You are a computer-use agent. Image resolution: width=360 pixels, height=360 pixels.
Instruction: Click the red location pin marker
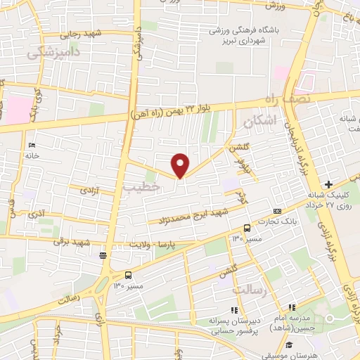(x=181, y=165)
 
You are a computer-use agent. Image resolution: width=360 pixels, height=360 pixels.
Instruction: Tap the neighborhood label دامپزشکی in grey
(x=53, y=52)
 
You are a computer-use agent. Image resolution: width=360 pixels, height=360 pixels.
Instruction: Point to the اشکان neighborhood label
(x=257, y=122)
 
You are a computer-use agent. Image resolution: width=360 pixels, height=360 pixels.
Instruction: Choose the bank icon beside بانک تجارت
(x=277, y=211)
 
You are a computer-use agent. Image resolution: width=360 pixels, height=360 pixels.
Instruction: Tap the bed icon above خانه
(x=32, y=145)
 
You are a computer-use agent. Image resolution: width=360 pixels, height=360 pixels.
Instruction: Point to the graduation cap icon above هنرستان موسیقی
(x=289, y=345)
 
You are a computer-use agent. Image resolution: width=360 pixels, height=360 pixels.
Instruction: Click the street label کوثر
(x=240, y=191)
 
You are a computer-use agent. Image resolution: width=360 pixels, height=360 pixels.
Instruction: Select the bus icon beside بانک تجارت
(x=247, y=228)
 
